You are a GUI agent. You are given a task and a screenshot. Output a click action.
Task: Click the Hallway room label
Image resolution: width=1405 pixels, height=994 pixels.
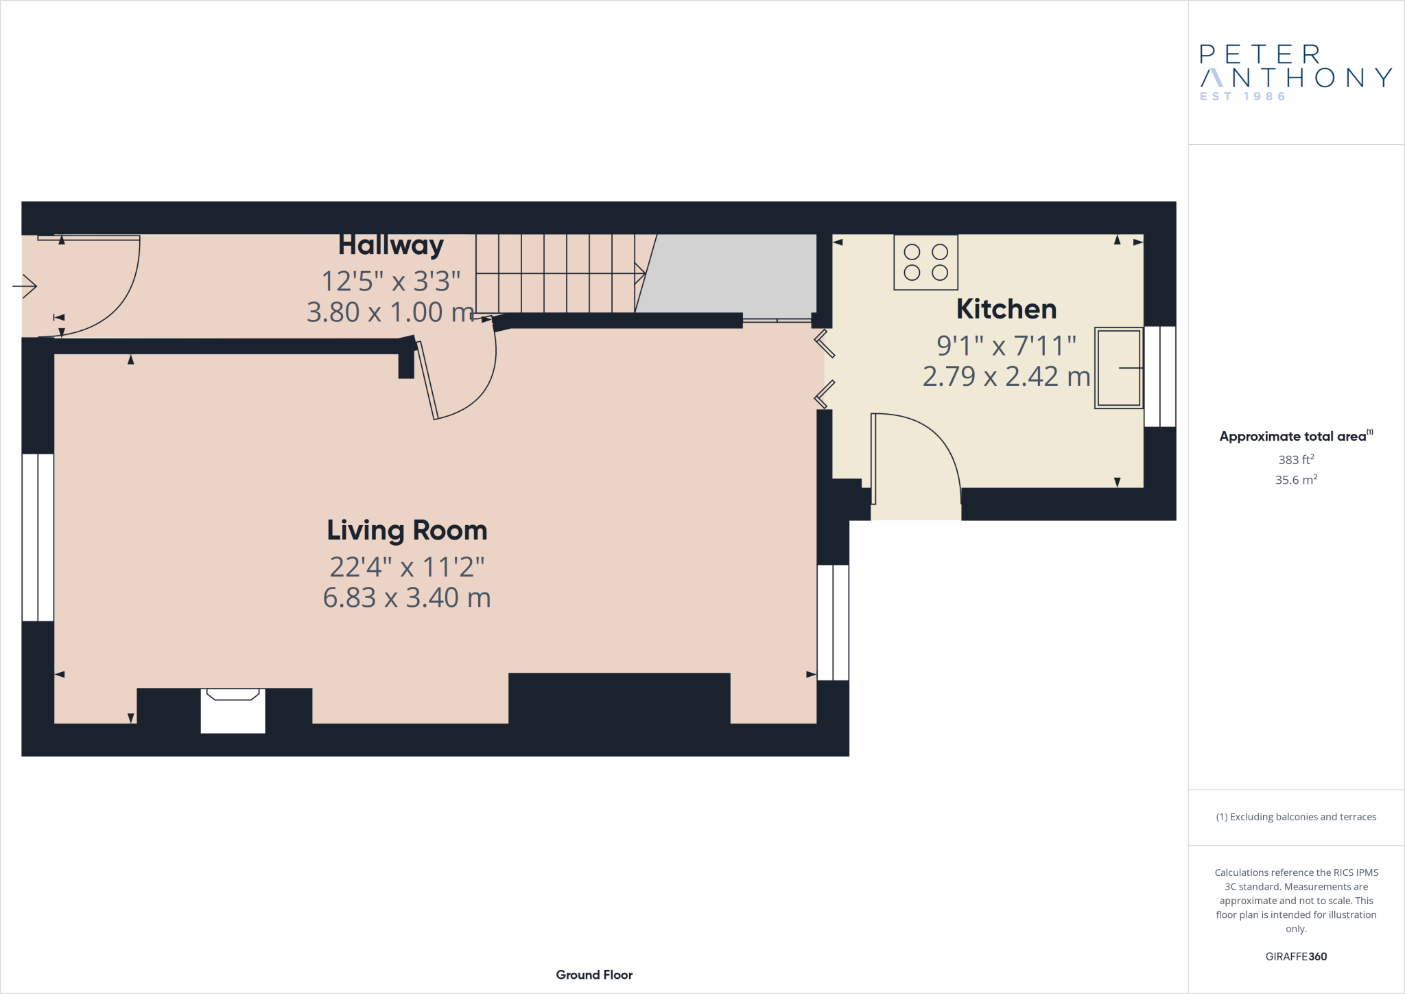[x=390, y=245]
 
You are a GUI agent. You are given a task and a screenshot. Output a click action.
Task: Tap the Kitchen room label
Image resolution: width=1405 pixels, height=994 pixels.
[x=1006, y=309]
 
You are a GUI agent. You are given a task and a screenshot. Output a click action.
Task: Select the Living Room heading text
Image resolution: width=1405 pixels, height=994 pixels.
[x=407, y=531]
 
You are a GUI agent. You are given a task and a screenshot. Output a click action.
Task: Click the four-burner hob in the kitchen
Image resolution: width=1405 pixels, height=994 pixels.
[x=925, y=262]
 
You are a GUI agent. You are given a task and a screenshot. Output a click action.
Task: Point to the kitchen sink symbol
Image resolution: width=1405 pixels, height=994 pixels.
[x=1118, y=368]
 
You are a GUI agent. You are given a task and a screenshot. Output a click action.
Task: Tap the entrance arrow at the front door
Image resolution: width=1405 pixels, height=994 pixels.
[x=25, y=286]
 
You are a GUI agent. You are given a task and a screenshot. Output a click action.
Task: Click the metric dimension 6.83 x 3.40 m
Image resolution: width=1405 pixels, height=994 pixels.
[x=407, y=598]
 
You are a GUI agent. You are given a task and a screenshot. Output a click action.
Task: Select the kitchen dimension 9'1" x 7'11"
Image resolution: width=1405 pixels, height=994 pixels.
[x=1006, y=346]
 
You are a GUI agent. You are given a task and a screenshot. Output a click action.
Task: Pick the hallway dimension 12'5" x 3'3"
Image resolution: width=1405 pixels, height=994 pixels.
[x=390, y=281]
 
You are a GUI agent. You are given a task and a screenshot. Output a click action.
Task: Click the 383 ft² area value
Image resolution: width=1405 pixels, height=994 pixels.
[x=1295, y=460]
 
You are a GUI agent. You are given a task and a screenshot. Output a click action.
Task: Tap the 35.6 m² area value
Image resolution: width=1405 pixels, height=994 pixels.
[x=1295, y=480]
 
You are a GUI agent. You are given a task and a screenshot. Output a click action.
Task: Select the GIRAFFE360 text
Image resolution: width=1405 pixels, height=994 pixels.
[x=1295, y=956]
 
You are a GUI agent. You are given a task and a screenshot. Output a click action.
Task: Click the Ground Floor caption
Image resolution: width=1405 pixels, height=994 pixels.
[x=594, y=975]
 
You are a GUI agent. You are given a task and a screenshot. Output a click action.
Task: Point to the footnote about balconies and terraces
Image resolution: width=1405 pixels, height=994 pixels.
[x=1295, y=817]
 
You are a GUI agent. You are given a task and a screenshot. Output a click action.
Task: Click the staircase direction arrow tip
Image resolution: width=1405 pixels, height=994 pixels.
[x=644, y=273]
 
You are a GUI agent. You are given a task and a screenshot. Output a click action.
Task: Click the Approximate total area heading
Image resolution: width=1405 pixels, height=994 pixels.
[x=1293, y=437]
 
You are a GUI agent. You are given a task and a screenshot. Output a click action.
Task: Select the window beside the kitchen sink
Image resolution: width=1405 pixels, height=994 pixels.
[x=1159, y=376]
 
